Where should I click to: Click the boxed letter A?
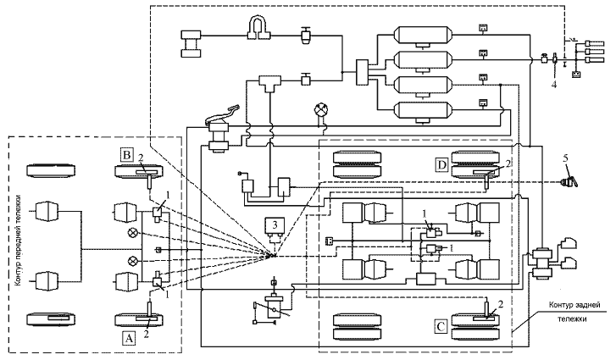[x=128, y=336]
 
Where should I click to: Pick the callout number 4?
[x=553, y=84]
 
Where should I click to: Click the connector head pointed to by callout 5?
[x=572, y=180]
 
